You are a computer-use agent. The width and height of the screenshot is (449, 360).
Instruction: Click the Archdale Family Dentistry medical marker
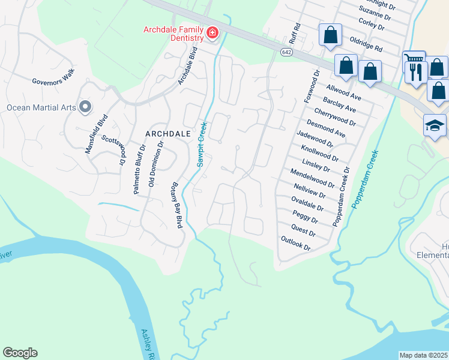212,34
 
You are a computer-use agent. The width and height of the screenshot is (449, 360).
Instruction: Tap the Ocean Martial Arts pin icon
85,107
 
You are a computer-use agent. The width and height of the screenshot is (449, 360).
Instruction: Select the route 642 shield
286,53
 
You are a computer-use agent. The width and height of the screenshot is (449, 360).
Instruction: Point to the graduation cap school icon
434,125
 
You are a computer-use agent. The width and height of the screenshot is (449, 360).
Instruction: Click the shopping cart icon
414,59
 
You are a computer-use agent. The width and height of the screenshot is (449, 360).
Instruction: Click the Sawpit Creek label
203,144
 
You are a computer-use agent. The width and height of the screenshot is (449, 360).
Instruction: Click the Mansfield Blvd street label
96,134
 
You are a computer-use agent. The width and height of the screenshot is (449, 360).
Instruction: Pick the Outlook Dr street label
295,243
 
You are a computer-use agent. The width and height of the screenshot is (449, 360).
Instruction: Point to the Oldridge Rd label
366,43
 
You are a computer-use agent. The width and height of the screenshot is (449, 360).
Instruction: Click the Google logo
20,353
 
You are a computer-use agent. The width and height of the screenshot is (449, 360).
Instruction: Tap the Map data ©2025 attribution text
424,355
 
